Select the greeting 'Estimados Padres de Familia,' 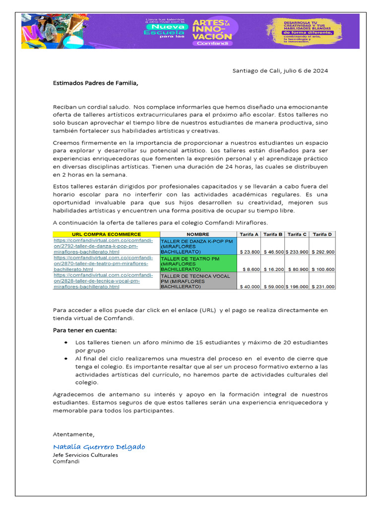(x=96, y=83)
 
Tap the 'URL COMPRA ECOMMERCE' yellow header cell (x=106, y=234)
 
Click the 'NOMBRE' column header (x=198, y=234)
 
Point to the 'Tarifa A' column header (x=249, y=234)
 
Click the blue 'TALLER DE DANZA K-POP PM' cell (x=198, y=246)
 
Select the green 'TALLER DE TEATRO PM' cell (x=198, y=264)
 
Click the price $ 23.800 (x=250, y=252)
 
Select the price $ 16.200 (x=273, y=269)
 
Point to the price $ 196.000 (x=297, y=287)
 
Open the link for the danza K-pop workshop (x=103, y=246)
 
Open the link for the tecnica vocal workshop (x=103, y=281)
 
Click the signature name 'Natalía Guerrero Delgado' (x=99, y=447)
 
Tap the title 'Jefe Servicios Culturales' (x=85, y=455)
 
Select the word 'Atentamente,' (x=73, y=434)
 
